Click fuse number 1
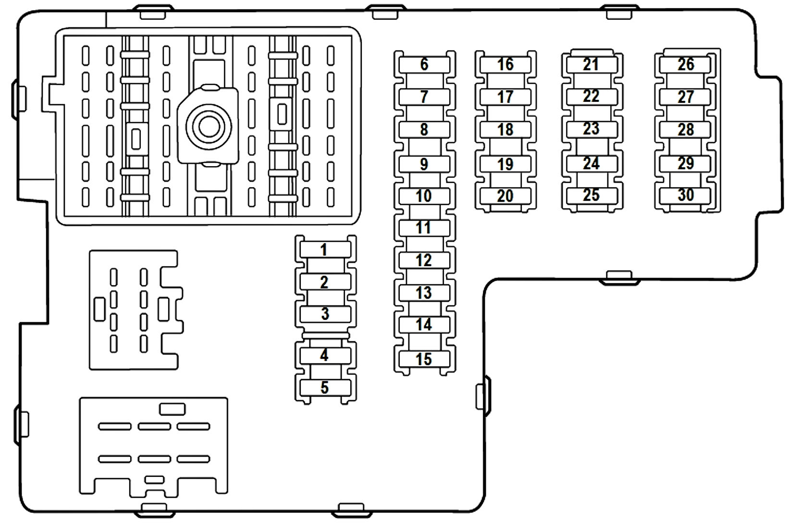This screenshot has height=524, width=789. click(324, 250)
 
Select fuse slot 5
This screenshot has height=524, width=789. click(324, 387)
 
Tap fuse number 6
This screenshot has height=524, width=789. click(424, 64)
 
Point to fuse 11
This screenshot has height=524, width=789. click(424, 227)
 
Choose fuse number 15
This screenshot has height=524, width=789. click(424, 359)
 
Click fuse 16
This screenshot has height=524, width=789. click(505, 64)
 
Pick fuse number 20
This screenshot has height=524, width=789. click(505, 196)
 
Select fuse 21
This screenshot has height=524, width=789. click(591, 64)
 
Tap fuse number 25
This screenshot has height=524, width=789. click(591, 195)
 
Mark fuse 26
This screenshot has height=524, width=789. click(685, 64)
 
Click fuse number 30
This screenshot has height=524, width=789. click(685, 195)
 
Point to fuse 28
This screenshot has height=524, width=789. click(685, 130)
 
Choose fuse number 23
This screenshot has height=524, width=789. click(591, 129)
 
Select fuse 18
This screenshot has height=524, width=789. click(505, 130)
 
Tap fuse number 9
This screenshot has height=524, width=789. click(424, 164)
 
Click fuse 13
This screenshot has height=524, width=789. click(424, 292)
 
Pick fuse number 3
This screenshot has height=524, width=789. click(325, 314)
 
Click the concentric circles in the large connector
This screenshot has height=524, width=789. click(209, 126)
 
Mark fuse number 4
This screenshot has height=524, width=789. click(324, 355)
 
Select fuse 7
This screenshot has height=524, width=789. click(424, 97)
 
